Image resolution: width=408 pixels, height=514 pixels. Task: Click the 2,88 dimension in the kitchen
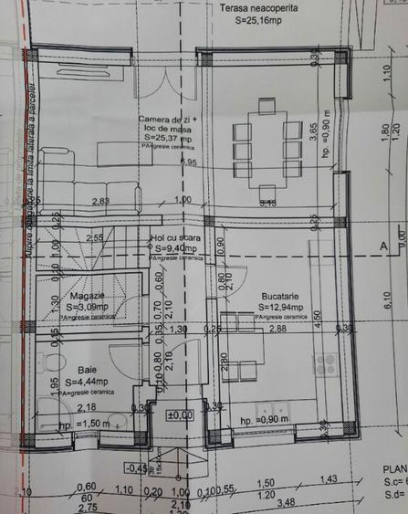277,328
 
